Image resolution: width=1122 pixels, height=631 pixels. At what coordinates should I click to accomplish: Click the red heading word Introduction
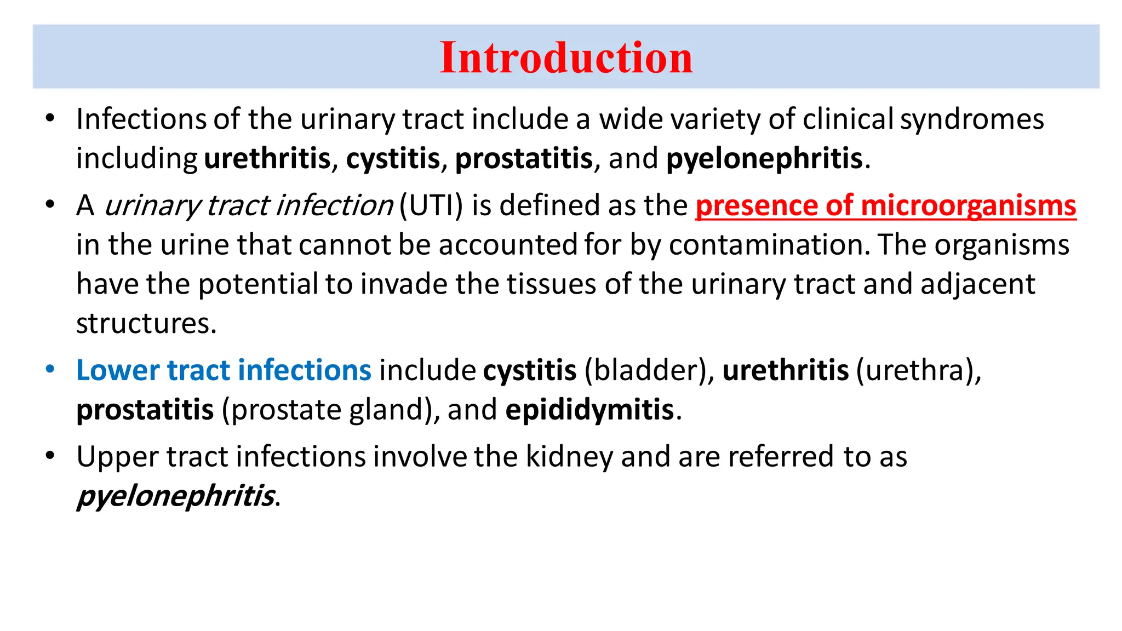pos(566,58)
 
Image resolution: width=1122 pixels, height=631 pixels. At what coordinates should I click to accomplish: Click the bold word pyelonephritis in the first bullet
pos(764,159)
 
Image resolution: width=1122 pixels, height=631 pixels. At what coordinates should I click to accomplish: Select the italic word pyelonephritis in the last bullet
pos(175,496)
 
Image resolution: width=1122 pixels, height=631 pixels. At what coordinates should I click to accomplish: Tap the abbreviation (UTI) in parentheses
pos(431,205)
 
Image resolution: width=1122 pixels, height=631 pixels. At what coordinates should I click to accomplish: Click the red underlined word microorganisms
pos(968,205)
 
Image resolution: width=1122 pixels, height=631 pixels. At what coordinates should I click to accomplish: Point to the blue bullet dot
pos(50,369)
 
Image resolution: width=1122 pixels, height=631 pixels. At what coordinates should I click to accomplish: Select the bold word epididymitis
pos(589,410)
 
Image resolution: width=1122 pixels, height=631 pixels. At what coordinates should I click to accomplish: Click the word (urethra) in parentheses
pos(918,370)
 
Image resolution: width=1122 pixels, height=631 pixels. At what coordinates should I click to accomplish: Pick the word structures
pos(146,324)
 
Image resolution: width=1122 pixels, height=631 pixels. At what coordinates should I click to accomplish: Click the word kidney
pos(569,456)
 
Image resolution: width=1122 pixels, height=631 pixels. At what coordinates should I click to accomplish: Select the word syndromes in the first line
pos(972,119)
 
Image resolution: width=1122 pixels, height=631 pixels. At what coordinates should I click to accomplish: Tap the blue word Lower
pos(118,370)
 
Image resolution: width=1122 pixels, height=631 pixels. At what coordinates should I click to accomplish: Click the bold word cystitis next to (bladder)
pos(530,370)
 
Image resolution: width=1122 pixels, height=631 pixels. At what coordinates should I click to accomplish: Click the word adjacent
pos(978,284)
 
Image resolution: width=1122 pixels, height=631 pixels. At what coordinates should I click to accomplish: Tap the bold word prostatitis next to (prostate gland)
pos(145,410)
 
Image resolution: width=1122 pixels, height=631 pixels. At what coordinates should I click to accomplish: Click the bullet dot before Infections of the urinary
pos(50,118)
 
